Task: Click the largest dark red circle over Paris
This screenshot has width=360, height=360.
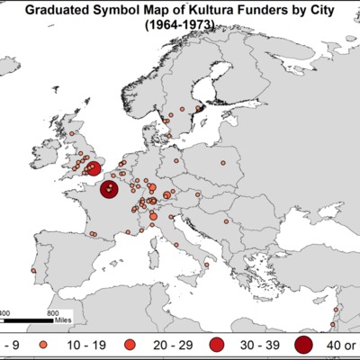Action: [x=109, y=189]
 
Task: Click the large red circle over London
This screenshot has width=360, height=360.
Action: [x=93, y=167]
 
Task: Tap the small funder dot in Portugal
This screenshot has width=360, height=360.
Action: [x=33, y=269]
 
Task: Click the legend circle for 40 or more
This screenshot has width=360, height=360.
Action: [x=304, y=345]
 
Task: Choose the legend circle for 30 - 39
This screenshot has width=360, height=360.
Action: [x=216, y=345]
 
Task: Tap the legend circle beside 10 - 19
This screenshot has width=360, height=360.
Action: [x=42, y=345]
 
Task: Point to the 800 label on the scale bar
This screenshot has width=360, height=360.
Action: [x=53, y=310]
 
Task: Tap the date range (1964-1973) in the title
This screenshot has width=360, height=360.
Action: [x=179, y=27]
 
